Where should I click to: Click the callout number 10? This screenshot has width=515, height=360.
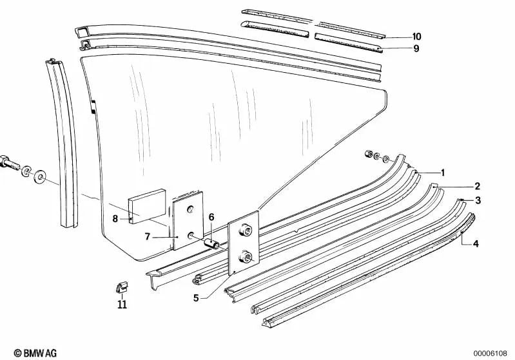416,37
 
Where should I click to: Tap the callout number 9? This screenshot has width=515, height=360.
416,48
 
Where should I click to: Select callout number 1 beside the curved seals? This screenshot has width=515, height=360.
443,173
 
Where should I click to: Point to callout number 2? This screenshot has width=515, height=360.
477,186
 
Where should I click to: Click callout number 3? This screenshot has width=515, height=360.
478,200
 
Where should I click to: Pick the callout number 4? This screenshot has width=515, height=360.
476,244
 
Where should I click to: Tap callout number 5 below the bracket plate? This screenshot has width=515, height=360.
196,298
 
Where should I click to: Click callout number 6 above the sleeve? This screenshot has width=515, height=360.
211,217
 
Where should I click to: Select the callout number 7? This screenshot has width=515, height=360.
148,236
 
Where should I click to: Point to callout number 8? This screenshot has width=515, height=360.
115,218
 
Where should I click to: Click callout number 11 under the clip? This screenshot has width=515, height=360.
122,305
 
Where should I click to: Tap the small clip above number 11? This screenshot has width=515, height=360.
122,287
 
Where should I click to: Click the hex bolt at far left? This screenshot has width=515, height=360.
10,163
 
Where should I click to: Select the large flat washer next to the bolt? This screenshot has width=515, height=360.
41,177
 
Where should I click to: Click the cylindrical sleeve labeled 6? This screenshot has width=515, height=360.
212,244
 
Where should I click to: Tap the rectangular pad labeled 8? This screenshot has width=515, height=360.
147,207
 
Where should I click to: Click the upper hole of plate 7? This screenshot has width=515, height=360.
190,209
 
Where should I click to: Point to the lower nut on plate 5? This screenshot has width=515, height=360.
246,256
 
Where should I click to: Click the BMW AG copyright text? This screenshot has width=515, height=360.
35,353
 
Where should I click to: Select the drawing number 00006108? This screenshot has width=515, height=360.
490,354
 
